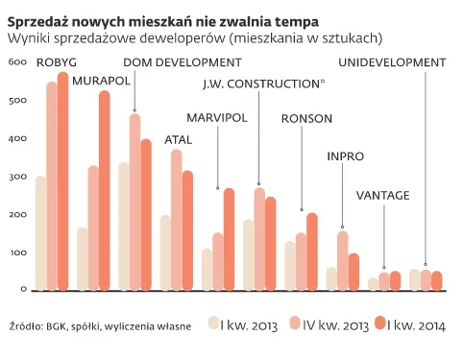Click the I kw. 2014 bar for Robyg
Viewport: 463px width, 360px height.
click(x=63, y=182)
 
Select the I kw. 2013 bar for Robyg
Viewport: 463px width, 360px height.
click(x=40, y=234)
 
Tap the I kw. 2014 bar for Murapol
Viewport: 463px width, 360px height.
click(x=105, y=191)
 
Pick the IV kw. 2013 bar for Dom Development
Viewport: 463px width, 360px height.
click(x=134, y=203)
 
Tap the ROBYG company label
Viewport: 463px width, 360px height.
click(x=57, y=63)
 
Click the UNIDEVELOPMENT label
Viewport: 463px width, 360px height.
click(x=393, y=63)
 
